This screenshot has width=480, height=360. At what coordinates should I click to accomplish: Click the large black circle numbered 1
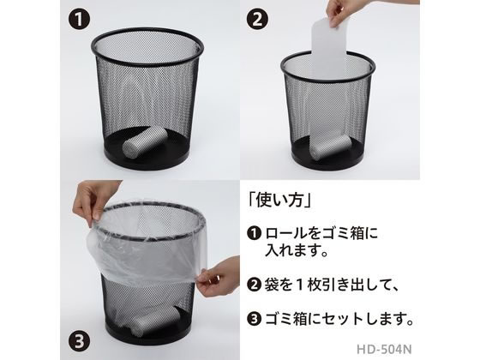click(x=79, y=19)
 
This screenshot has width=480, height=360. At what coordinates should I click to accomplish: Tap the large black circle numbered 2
click(x=257, y=19)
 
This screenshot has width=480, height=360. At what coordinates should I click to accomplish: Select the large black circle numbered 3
click(x=79, y=339)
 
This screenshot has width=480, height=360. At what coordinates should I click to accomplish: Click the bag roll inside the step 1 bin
click(x=145, y=142)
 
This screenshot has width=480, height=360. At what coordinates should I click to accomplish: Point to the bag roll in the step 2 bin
click(x=329, y=147)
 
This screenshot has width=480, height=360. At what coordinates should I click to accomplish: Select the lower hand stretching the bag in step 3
click(x=219, y=275)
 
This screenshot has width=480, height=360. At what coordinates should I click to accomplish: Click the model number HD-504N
click(x=384, y=349)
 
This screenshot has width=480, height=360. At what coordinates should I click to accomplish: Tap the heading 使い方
click(x=279, y=201)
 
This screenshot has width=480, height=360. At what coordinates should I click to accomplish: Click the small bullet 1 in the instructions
click(x=254, y=233)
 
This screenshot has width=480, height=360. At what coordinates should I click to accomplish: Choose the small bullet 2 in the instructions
click(x=254, y=285)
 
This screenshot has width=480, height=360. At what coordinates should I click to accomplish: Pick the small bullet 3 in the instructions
click(x=254, y=319)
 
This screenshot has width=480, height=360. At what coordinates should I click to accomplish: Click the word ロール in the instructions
click(x=286, y=233)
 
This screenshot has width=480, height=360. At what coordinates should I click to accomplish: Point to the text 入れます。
click(x=297, y=251)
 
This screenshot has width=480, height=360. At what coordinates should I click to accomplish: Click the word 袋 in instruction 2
click(x=272, y=285)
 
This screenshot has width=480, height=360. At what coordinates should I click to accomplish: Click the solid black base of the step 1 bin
click(x=147, y=159)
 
